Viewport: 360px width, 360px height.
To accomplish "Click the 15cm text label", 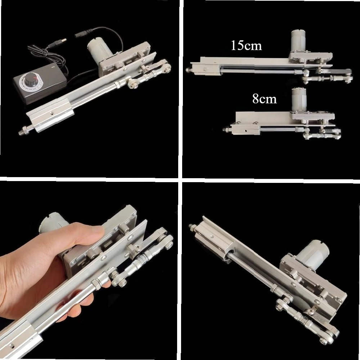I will [247, 46].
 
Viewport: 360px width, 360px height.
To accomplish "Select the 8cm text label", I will [265, 99].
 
